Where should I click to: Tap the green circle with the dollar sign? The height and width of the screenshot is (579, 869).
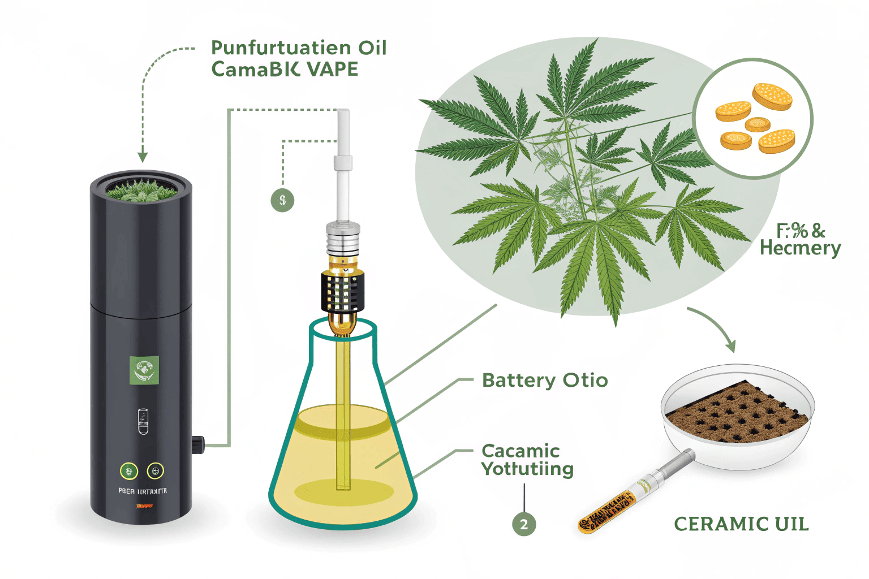[282, 200]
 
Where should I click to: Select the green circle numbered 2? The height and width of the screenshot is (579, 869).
[524, 524]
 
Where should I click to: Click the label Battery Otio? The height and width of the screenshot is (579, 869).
[545, 381]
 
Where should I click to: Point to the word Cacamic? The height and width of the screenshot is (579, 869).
[520, 451]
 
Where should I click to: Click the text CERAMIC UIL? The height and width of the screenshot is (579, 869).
[741, 524]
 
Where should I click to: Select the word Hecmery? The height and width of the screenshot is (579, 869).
[800, 248]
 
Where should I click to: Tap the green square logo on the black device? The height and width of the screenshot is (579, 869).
[144, 371]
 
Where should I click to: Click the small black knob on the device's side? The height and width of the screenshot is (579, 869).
[197, 444]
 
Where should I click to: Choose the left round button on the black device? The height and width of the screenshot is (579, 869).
[129, 470]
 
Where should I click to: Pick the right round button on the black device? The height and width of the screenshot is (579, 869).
[156, 470]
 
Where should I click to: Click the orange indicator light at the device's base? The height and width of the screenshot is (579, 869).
[144, 505]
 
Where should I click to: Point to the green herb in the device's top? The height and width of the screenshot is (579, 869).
[141, 191]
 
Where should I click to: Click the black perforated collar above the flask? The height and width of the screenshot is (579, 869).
[343, 291]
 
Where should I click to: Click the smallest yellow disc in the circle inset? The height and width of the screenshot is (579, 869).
[757, 124]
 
